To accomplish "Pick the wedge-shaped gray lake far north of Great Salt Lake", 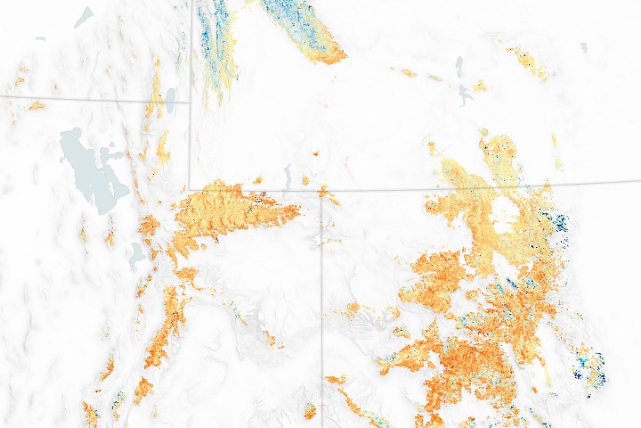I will (x=84, y=16).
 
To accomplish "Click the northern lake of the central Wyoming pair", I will (x=459, y=68).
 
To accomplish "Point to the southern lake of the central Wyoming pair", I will (x=465, y=94).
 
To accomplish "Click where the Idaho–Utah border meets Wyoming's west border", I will (x=190, y=102).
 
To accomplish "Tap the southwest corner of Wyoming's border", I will (x=190, y=188).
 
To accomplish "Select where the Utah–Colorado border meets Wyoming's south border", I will (x=321, y=190).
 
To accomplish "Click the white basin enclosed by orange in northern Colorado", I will (x=503, y=211).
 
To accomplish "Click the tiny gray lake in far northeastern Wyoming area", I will (x=584, y=46).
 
